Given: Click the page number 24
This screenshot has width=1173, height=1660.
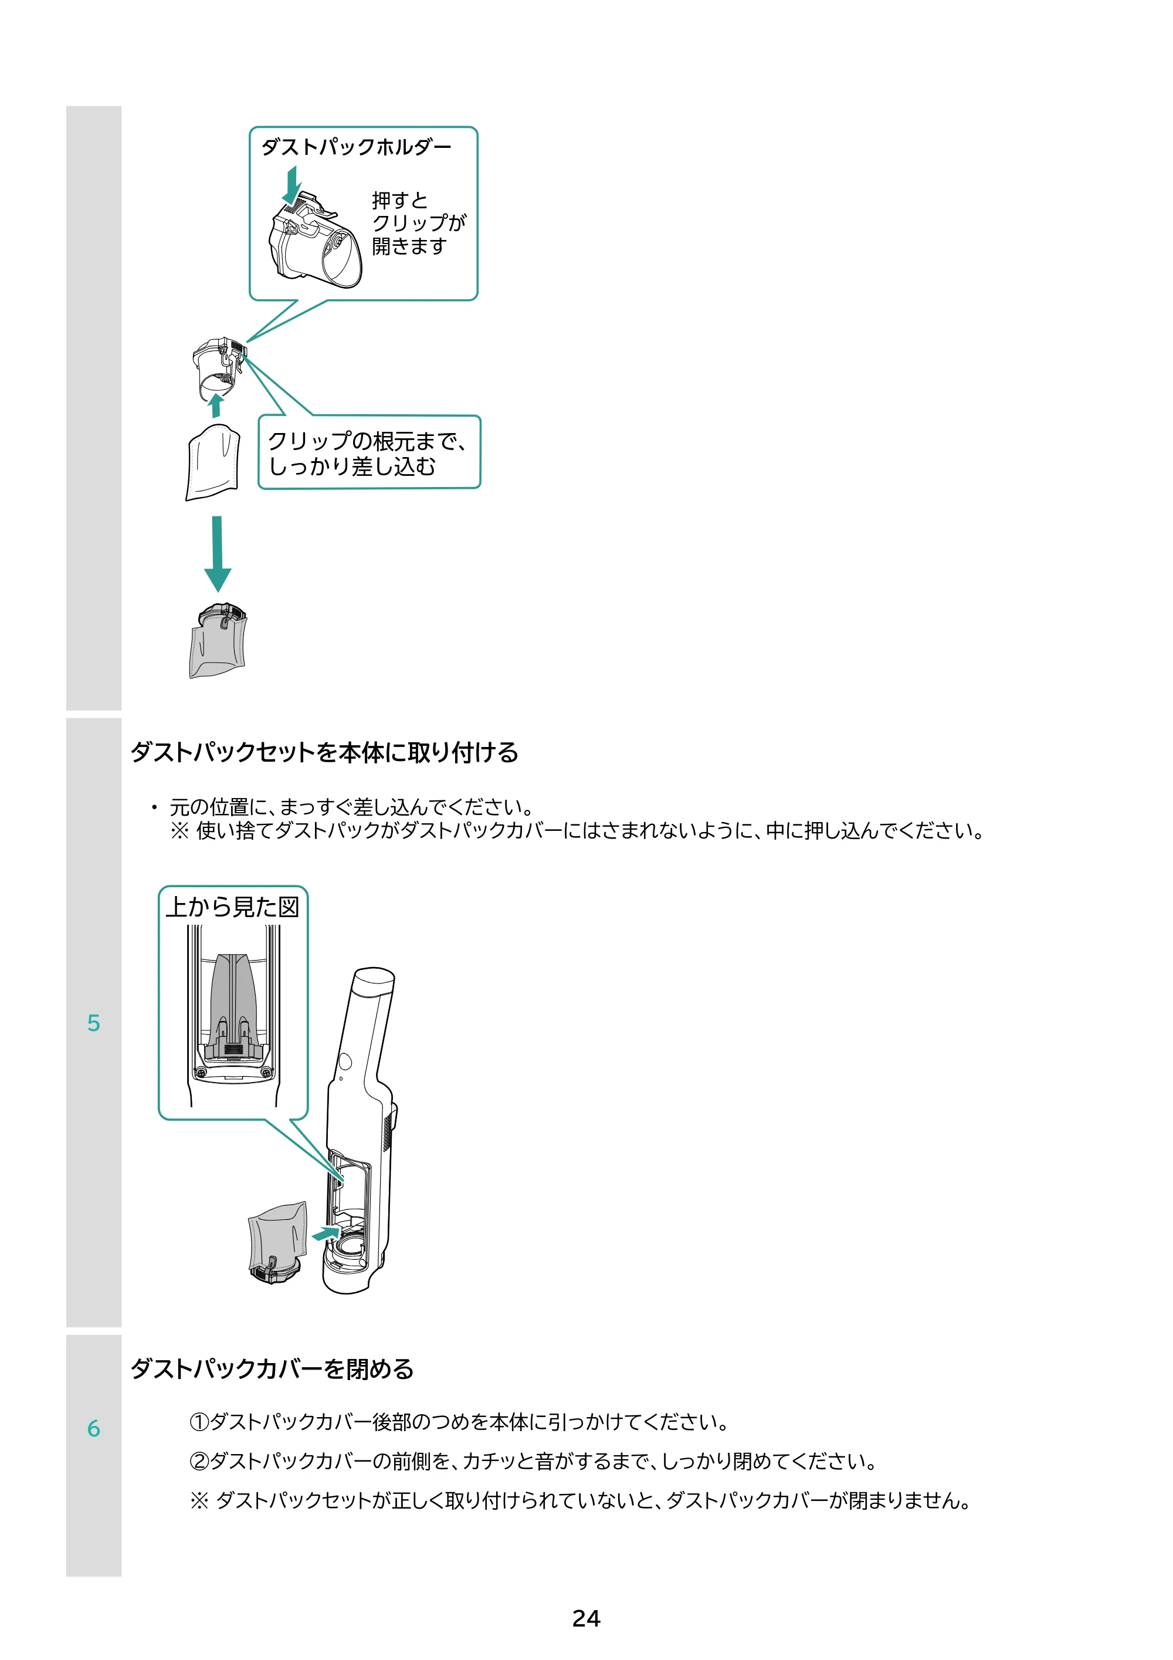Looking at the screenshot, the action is [x=586, y=1618].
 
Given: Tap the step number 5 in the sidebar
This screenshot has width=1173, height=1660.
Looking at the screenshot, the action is [x=94, y=1023].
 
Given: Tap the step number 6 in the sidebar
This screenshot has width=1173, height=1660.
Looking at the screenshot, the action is [x=94, y=1429].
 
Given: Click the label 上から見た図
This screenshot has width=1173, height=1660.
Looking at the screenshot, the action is [x=233, y=907].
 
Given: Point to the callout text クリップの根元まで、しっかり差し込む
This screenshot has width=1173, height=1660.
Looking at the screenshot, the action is [x=367, y=454].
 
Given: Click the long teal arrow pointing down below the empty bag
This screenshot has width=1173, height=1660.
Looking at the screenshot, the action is [x=218, y=554].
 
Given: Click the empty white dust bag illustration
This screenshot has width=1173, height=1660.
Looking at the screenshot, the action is [x=212, y=462].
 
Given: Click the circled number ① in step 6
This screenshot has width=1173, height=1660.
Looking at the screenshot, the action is [x=199, y=1422].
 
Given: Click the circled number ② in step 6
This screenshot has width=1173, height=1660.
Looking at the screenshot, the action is [x=199, y=1461].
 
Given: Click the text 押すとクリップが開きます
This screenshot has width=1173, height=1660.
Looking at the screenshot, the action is [x=419, y=224].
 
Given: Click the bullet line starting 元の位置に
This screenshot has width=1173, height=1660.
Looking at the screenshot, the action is [x=343, y=807].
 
